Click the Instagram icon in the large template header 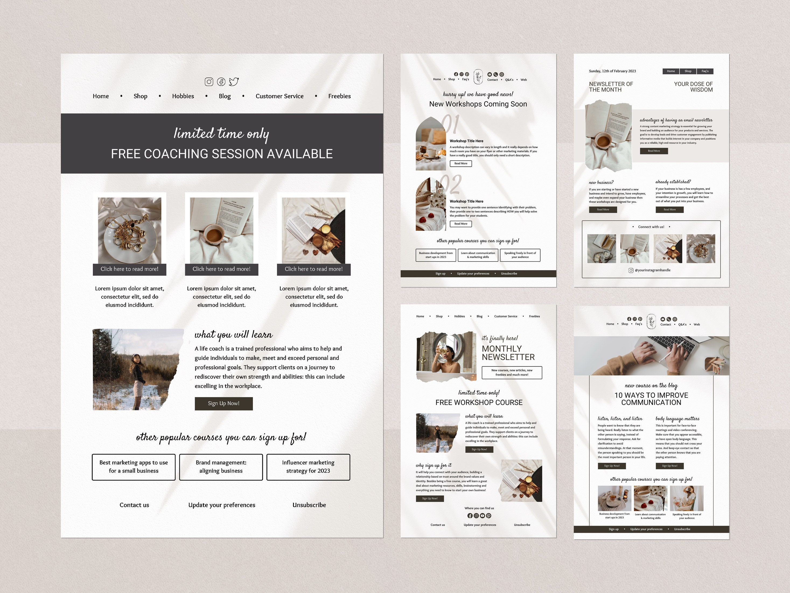coord(209,82)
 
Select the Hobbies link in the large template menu coord(183,96)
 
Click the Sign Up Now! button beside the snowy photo coord(223,404)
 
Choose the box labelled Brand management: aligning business coord(221,467)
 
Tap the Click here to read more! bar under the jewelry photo coord(129,269)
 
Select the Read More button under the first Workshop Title coord(461,164)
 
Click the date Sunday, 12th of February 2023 coord(612,71)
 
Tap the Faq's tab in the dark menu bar coord(705,71)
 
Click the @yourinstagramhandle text coord(652,270)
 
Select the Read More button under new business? coord(603,210)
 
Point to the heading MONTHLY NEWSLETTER coord(508,353)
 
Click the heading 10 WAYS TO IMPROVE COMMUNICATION coord(651,399)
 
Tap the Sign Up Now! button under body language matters coord(669,466)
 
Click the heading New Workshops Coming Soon coord(478,104)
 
